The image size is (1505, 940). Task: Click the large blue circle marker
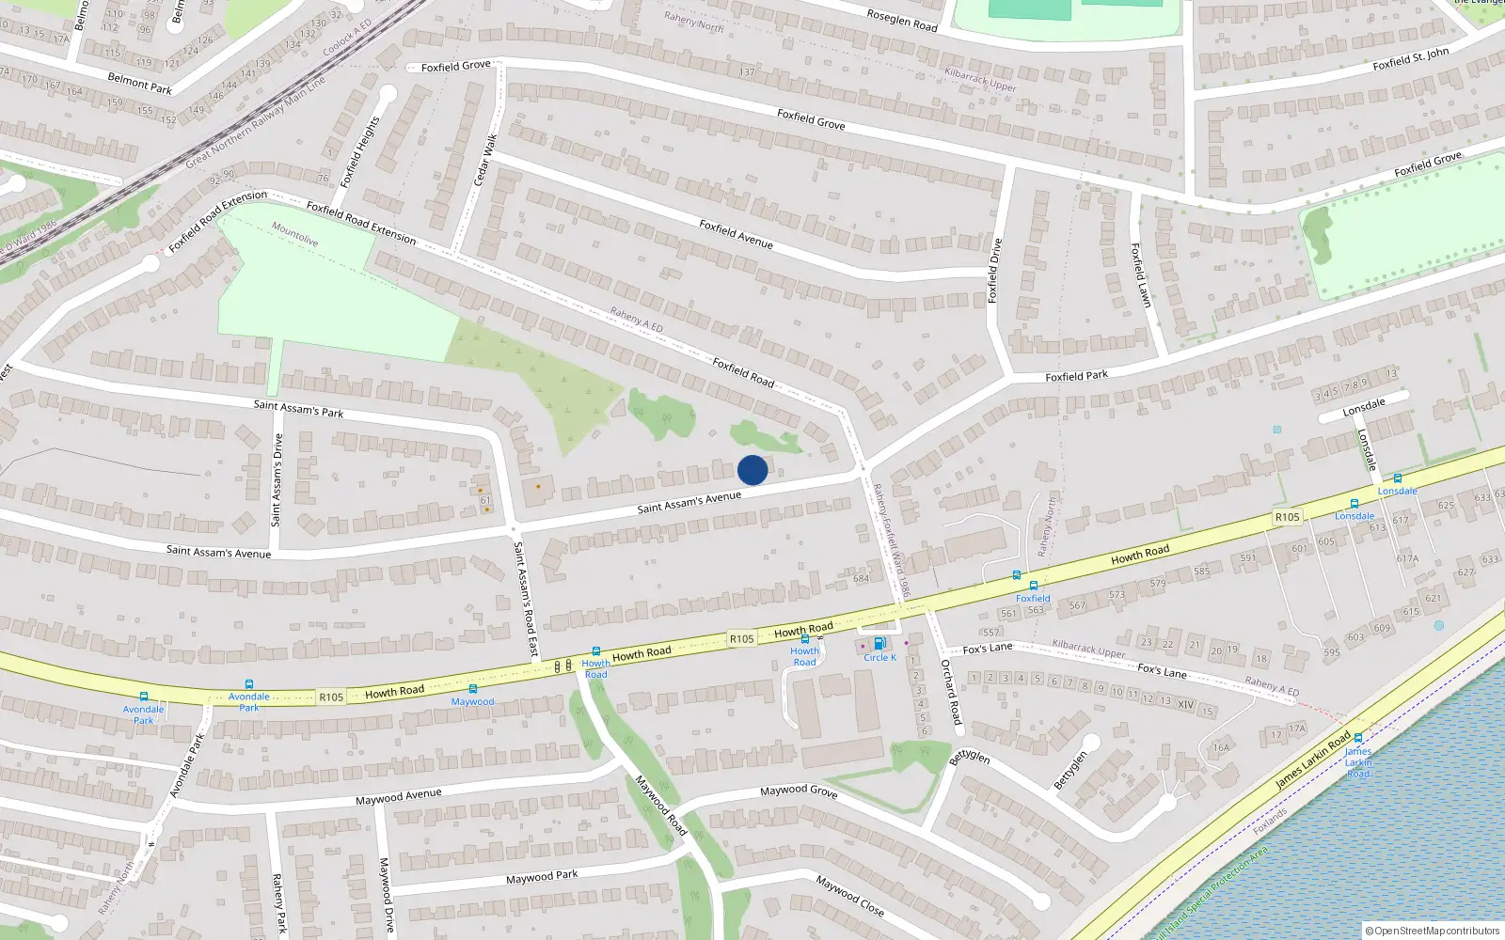point(752,470)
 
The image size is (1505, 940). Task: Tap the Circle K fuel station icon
point(879,644)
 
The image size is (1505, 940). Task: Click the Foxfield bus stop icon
point(1033,586)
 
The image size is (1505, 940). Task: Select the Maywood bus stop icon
point(472,689)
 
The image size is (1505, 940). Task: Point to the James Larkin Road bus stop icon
point(1357,739)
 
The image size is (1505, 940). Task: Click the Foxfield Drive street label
point(994,271)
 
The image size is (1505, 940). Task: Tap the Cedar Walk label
point(485,160)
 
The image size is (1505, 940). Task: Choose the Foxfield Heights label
point(360,152)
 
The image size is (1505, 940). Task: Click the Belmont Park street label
point(140,84)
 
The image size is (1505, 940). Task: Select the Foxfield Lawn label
point(1140,275)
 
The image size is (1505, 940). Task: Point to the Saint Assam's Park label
point(298,408)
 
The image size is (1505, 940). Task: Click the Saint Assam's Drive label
point(277,480)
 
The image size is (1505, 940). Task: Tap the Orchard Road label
point(952,692)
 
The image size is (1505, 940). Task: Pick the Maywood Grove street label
point(799,791)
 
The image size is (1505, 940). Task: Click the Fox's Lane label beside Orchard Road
point(988,648)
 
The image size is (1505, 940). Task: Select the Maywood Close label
point(849,896)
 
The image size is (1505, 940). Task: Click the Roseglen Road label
point(902,21)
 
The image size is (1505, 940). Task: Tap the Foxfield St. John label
point(1410,59)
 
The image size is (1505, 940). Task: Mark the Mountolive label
point(294,234)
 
